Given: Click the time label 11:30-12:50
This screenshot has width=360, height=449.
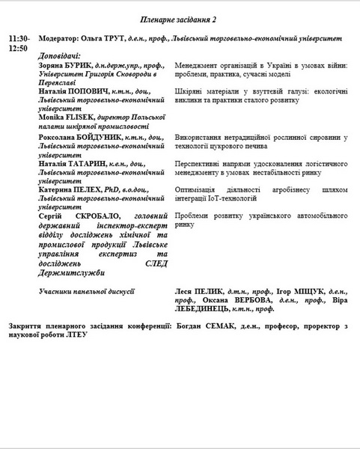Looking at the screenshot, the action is pos(19,42).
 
